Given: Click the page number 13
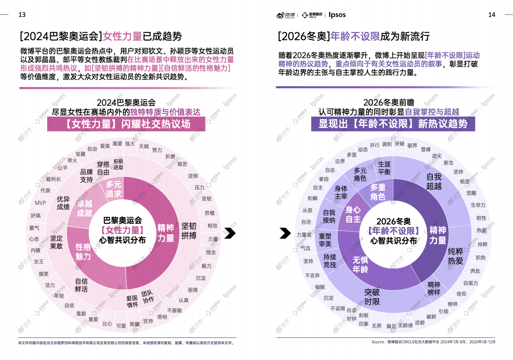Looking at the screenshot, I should [22, 15].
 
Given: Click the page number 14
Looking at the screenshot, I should [491, 15].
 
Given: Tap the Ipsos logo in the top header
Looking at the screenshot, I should [337, 15].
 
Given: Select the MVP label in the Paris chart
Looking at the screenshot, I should [40, 203].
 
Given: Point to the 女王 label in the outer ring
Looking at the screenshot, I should [39, 262].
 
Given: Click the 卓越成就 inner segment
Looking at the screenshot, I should [84, 208].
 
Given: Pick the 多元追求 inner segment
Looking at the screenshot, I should [113, 189].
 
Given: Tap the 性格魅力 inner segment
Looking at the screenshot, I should [83, 252].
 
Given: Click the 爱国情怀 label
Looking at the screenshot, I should [132, 301].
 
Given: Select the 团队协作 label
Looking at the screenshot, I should [147, 296].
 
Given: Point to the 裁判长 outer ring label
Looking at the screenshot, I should [53, 179].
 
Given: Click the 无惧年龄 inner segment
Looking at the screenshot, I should [360, 265].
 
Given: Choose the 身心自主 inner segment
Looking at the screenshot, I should [353, 214].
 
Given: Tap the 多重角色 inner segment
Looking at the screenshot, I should [377, 192].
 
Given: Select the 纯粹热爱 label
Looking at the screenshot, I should [455, 256].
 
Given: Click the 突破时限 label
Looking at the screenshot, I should [372, 297].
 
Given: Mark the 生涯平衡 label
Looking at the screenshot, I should [384, 168].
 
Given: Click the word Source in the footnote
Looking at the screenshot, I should [378, 342].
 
